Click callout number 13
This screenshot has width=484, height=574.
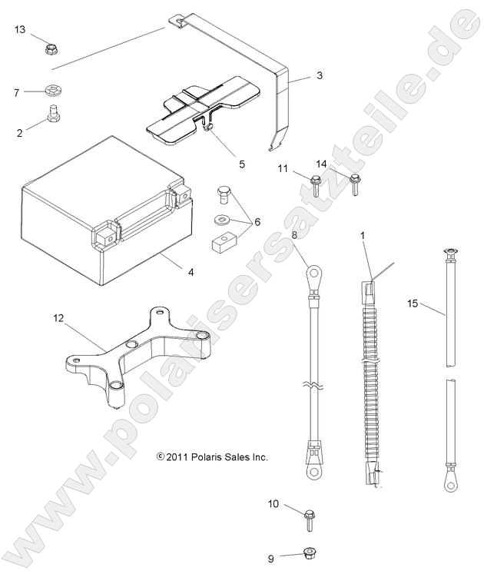click(19, 29)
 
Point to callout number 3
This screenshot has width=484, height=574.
click(320, 76)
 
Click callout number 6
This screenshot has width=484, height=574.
click(257, 221)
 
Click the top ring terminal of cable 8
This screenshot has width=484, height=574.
click(312, 272)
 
